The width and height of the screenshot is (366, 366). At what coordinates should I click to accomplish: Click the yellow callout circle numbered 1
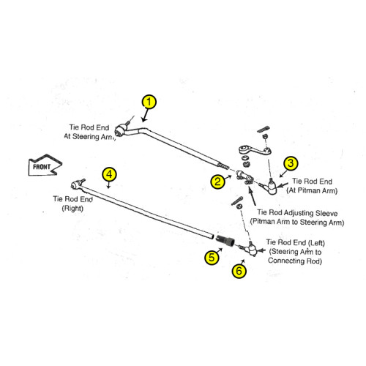149,102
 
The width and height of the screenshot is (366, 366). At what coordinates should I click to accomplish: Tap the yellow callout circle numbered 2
217,182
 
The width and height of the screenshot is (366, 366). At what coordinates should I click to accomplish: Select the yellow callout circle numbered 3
291,163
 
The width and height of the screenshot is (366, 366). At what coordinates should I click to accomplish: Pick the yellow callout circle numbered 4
109,174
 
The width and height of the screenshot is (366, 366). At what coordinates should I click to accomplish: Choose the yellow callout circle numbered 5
212,257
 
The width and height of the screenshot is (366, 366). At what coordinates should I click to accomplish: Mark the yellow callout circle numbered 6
239,271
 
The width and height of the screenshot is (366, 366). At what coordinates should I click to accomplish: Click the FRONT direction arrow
45,165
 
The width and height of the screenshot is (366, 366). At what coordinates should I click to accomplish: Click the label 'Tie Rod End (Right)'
72,203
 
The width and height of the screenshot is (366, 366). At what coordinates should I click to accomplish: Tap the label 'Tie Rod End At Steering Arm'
89,132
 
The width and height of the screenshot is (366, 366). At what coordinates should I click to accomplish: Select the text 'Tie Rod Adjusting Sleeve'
297,213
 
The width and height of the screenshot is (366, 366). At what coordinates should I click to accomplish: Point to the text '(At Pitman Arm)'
312,190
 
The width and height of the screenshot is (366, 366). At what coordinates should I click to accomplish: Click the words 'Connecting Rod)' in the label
295,261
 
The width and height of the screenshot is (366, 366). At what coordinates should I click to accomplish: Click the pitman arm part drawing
255,150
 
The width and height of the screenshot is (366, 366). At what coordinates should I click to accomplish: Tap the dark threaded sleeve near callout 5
225,240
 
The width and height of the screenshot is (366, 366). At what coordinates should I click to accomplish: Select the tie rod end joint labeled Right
77,184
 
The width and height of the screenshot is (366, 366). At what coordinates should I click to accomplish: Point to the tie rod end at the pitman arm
269,187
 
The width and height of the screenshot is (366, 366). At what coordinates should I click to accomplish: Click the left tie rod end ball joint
250,248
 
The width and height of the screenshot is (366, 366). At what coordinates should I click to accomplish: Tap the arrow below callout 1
146,115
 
